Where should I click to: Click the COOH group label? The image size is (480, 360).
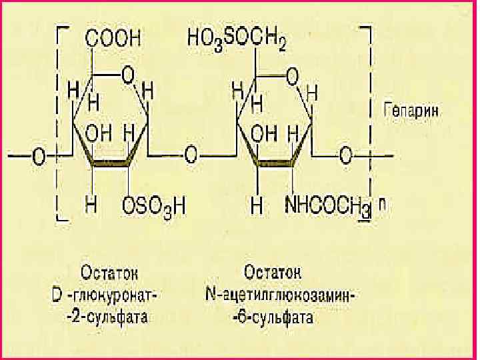pos(113,39)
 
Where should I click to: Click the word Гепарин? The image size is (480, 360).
pos(411,112)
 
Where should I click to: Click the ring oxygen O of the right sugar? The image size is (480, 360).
pos(291,77)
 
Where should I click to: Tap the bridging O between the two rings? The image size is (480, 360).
pos(192,156)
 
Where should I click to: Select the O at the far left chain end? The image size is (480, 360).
pos(39,156)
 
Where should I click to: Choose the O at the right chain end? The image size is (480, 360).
pos(345,156)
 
